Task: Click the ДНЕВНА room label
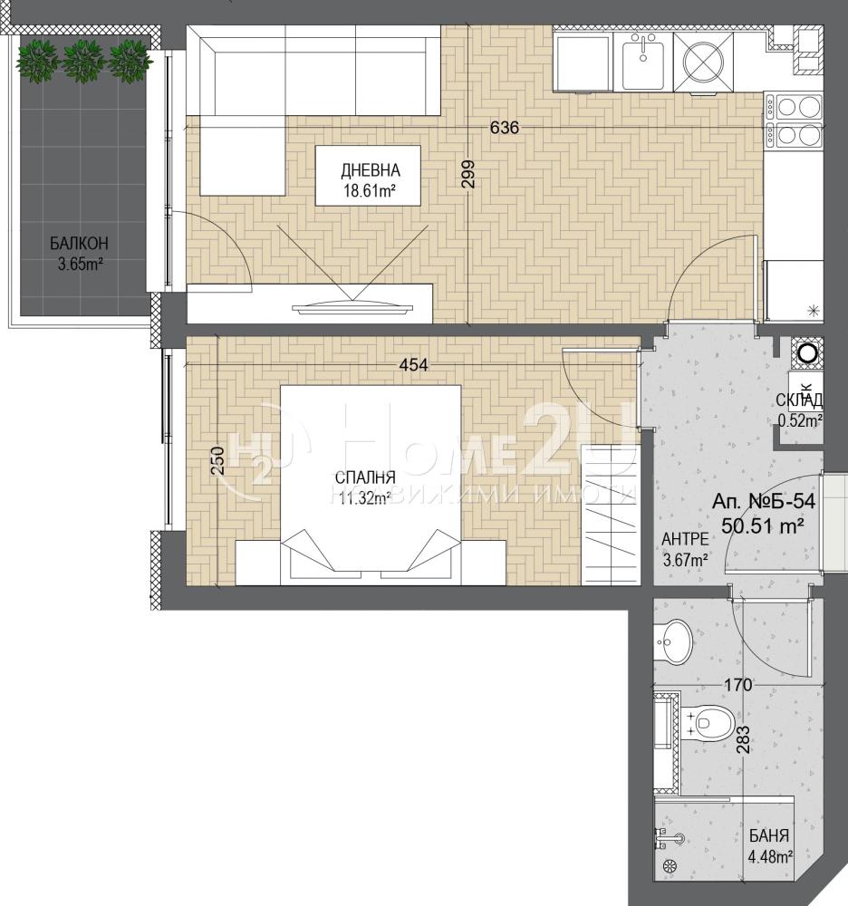coord(371,170)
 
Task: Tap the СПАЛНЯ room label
coord(365,477)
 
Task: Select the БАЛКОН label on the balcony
coord(79,243)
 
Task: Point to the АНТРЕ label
coord(685,539)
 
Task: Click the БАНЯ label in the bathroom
coord(769,835)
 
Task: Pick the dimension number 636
coord(505,127)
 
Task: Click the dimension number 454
coord(414,365)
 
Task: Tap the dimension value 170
coord(738,685)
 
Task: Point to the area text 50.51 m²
coord(764,525)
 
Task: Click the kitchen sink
coord(643,55)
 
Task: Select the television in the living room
coord(353,307)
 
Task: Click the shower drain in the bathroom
coord(670,867)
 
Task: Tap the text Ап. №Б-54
coord(764,501)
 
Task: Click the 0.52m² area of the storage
coord(800,421)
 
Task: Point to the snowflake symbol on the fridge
coord(814,311)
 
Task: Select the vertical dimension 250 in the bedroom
coord(217,460)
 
